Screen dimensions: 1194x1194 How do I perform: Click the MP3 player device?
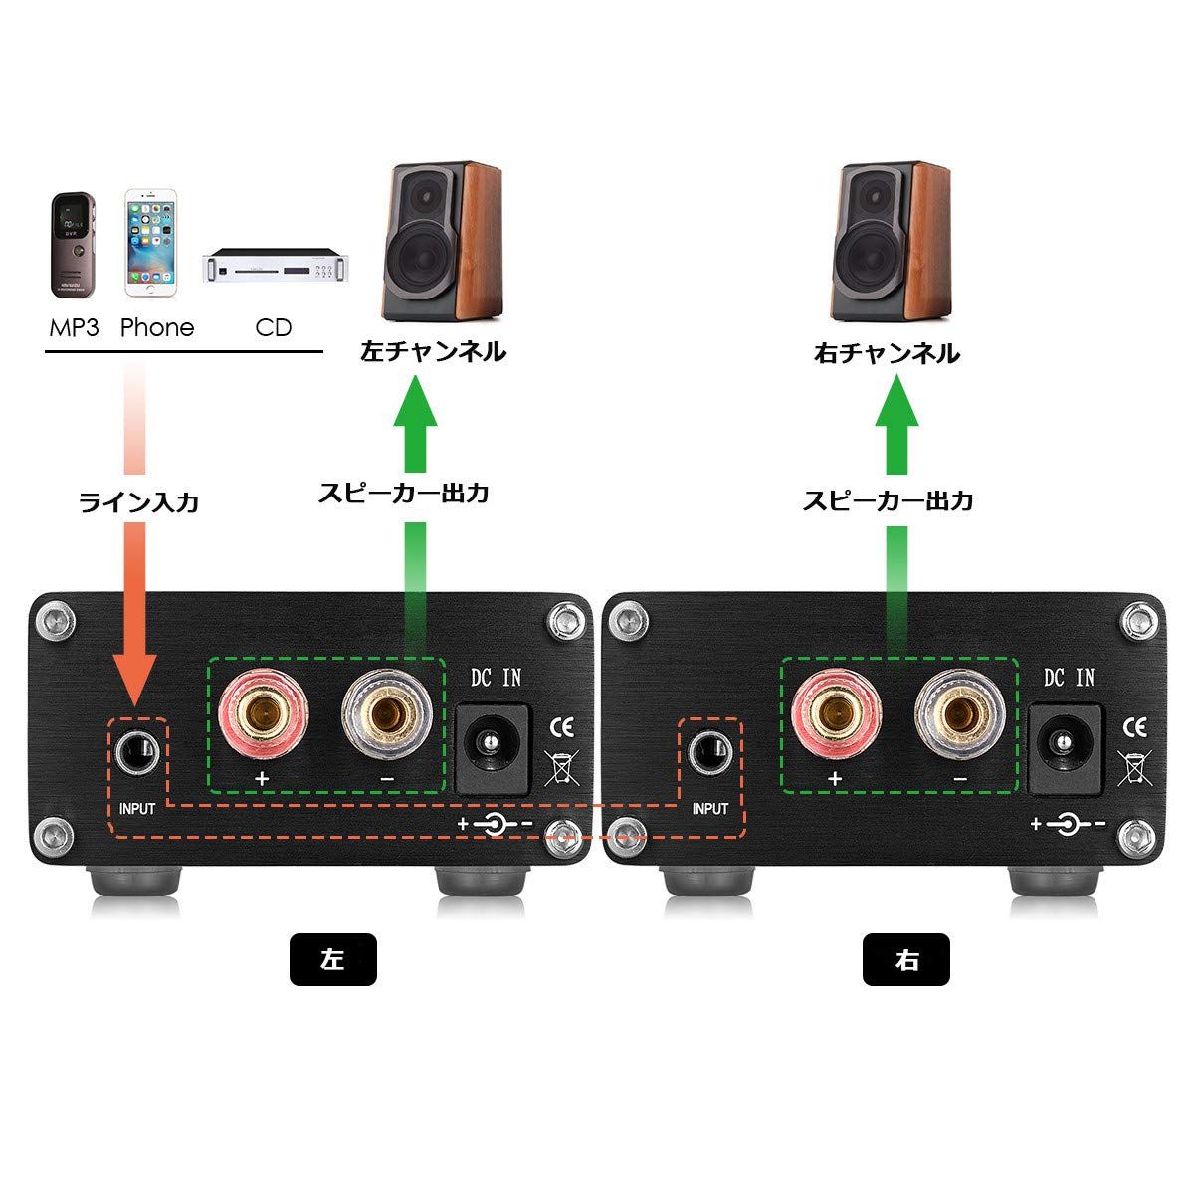pyautogui.click(x=72, y=245)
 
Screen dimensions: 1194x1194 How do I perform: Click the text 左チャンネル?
pyautogui.click(x=433, y=352)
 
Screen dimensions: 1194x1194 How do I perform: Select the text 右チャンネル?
pyautogui.click(x=887, y=353)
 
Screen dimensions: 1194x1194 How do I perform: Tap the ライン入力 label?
pyautogui.click(x=138, y=502)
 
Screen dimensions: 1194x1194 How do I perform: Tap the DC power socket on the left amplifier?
pyautogui.click(x=489, y=748)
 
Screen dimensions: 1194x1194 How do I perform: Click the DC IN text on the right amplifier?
pyautogui.click(x=1069, y=679)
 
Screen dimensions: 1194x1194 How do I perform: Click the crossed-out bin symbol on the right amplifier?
pyautogui.click(x=1133, y=768)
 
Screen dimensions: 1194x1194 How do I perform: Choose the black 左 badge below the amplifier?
pyautogui.click(x=332, y=960)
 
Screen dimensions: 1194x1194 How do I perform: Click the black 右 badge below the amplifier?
pyautogui.click(x=905, y=960)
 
